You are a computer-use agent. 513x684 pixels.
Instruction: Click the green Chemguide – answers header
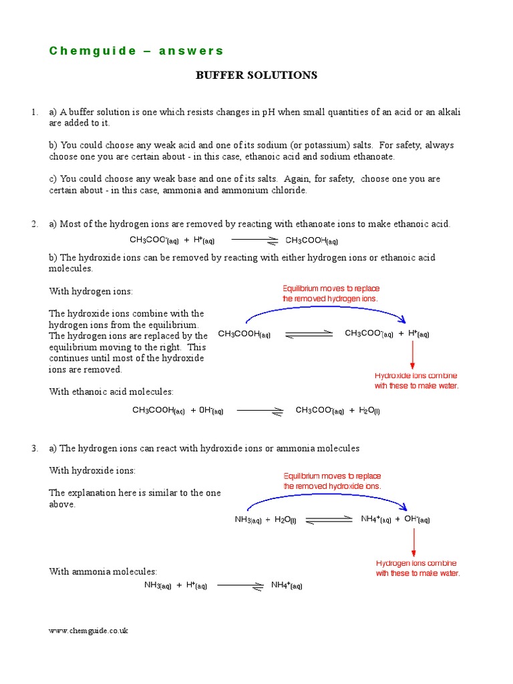[x=136, y=51]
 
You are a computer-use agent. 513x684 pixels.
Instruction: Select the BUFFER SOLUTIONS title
[x=256, y=75]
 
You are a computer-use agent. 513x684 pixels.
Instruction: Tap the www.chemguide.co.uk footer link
[x=88, y=631]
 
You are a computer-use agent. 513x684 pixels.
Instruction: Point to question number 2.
[x=34, y=224]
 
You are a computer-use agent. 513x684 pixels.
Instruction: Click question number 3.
[x=34, y=448]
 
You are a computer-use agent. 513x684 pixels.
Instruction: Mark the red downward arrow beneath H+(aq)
[x=413, y=354]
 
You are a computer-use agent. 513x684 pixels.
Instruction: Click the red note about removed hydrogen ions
[x=331, y=294]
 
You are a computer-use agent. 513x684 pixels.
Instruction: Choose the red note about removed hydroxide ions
[x=332, y=482]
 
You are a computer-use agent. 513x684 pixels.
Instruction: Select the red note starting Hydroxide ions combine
[x=416, y=381]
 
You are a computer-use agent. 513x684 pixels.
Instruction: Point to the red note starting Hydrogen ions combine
[x=417, y=568]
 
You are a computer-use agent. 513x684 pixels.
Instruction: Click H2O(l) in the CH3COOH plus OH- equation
[x=366, y=411]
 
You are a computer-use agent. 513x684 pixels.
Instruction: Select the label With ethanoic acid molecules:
[x=111, y=392]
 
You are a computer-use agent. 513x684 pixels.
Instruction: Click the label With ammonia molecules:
[x=103, y=572]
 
